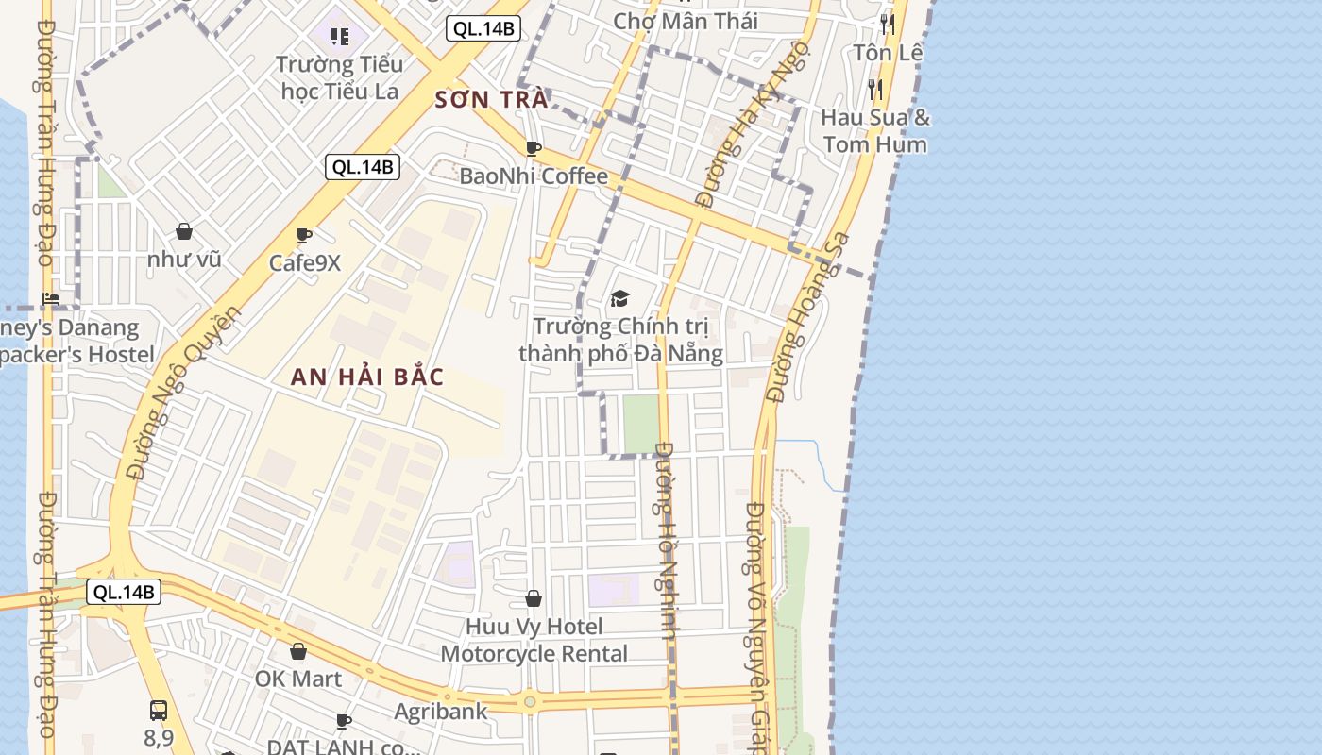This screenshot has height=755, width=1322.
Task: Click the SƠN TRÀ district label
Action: coord(491,100)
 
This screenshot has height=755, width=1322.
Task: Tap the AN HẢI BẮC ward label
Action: coord(367,377)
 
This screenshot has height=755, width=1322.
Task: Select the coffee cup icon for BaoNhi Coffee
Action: coord(533,148)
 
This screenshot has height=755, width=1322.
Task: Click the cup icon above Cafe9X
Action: coord(303,235)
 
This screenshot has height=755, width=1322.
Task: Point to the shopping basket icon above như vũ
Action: coord(184,231)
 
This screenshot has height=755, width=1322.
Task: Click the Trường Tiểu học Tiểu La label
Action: coord(340,77)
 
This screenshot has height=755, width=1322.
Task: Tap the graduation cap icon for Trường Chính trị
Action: coord(619,299)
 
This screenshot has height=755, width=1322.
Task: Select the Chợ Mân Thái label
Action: coord(686,21)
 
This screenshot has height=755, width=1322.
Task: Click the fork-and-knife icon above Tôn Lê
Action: coord(887,24)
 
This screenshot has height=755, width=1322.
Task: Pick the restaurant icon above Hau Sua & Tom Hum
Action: coord(875,90)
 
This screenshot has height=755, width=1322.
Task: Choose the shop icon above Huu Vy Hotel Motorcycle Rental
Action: coord(534,598)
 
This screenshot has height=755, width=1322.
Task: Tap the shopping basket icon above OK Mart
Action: coord(298,651)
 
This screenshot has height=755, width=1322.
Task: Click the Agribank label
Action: coord(441,711)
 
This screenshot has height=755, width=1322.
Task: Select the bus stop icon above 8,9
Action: coord(159,710)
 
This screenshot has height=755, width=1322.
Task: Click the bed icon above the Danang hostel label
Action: coord(51,299)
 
